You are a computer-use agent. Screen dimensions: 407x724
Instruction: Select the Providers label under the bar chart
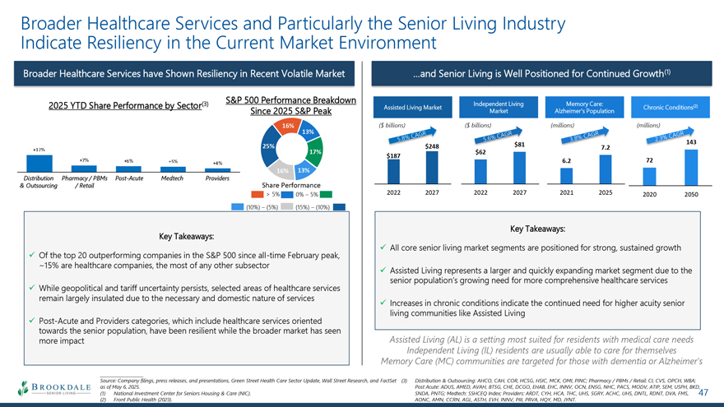(218, 178)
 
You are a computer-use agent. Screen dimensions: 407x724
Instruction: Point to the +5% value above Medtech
(172, 161)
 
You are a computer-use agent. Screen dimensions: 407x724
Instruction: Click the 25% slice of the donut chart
(268, 146)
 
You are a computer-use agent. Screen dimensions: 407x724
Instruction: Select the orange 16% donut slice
(288, 126)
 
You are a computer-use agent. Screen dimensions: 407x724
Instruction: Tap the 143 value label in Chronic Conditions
(690, 142)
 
